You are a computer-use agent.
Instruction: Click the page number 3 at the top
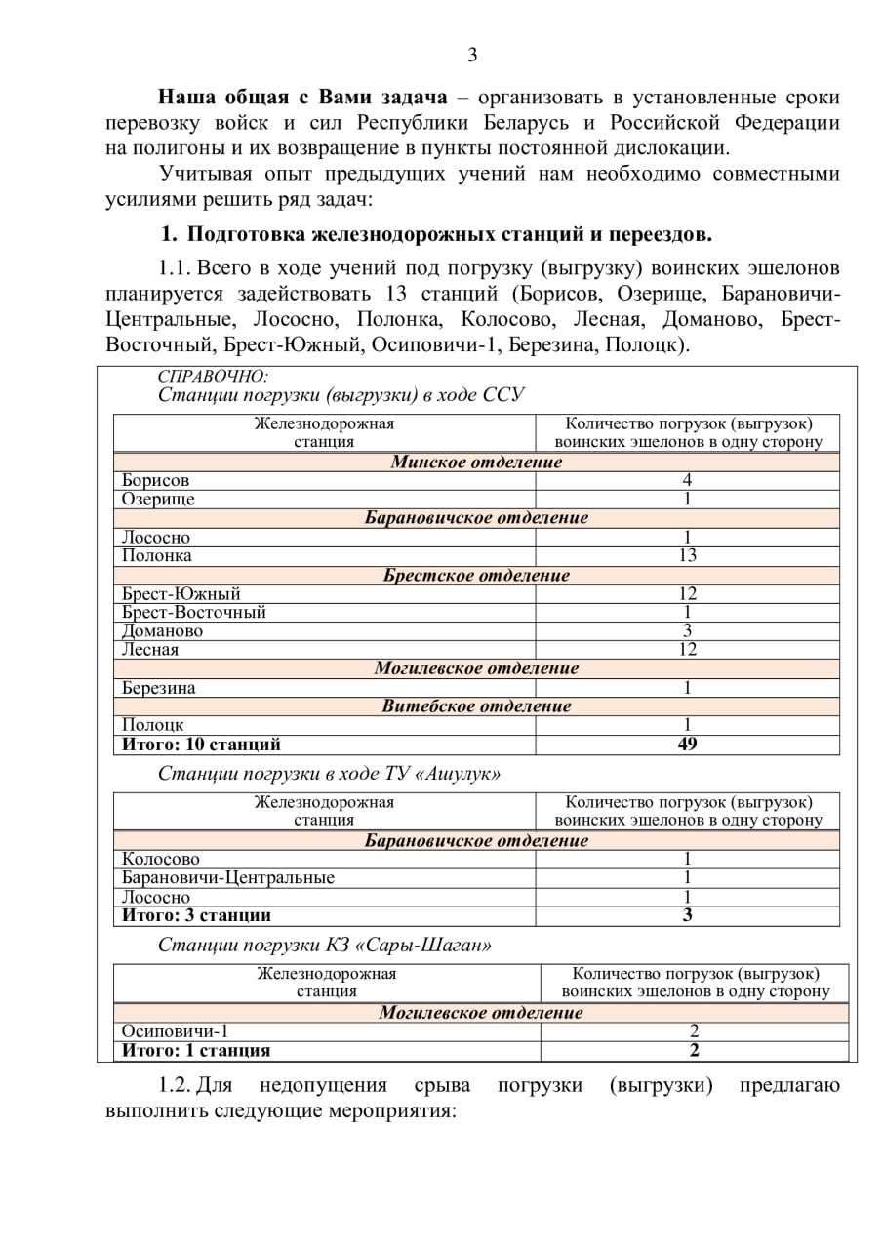coord(472,55)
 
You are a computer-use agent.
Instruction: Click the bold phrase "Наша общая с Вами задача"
coord(302,98)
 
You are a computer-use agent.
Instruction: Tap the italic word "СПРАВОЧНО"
coord(212,377)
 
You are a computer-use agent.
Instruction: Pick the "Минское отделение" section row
coord(476,463)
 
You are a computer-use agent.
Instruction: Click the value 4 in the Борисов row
coord(687,481)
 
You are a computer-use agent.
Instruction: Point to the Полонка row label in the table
coord(157,556)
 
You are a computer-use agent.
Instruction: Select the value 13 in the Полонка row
coord(687,556)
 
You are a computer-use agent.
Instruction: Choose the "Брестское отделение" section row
coord(476,576)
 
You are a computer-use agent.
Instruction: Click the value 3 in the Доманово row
coord(687,631)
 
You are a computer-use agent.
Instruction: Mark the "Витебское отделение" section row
coord(476,706)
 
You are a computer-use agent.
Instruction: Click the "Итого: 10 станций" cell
coord(201,745)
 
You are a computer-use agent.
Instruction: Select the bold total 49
coord(687,745)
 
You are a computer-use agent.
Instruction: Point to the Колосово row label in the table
coord(161,860)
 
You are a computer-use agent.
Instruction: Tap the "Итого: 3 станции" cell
coord(196,916)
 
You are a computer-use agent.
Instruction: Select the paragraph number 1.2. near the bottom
coord(177,1086)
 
